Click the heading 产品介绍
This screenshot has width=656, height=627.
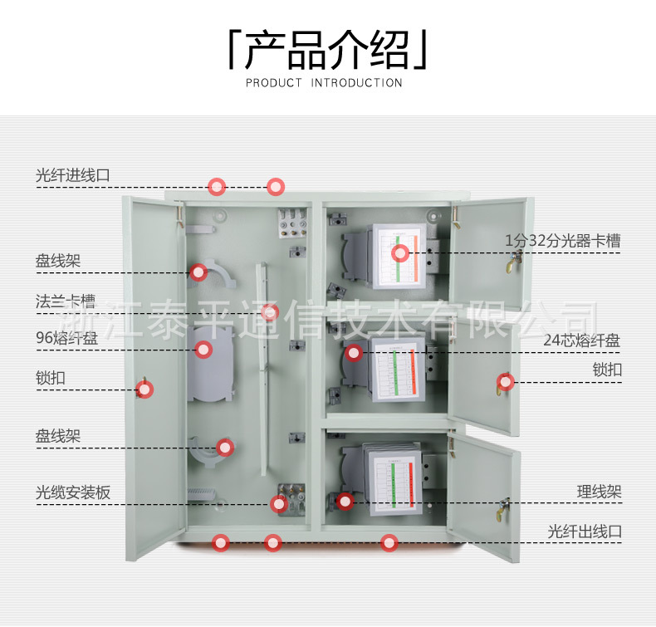pos(327,51)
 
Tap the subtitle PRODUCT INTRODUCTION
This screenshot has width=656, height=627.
pos(324,82)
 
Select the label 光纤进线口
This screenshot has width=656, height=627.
pos(73,175)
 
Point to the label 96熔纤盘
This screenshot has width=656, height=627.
pos(61,338)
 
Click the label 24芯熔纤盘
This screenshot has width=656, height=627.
pos(582,340)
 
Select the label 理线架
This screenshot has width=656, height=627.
pos(600,492)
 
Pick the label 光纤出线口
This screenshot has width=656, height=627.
pos(585,531)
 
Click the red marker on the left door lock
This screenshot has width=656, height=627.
pos(145,389)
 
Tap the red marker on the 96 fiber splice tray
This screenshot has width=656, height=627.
pos(203,350)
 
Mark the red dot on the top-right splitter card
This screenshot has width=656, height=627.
pos(401,252)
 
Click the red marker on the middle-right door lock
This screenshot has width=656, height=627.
pos(505,382)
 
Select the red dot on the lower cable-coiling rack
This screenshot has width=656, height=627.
pos(225,448)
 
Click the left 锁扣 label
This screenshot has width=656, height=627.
pos(51,378)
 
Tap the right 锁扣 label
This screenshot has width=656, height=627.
pos(607,370)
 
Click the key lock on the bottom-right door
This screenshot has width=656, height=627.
pos(504,507)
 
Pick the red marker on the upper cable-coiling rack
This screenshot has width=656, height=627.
pos(198,272)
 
